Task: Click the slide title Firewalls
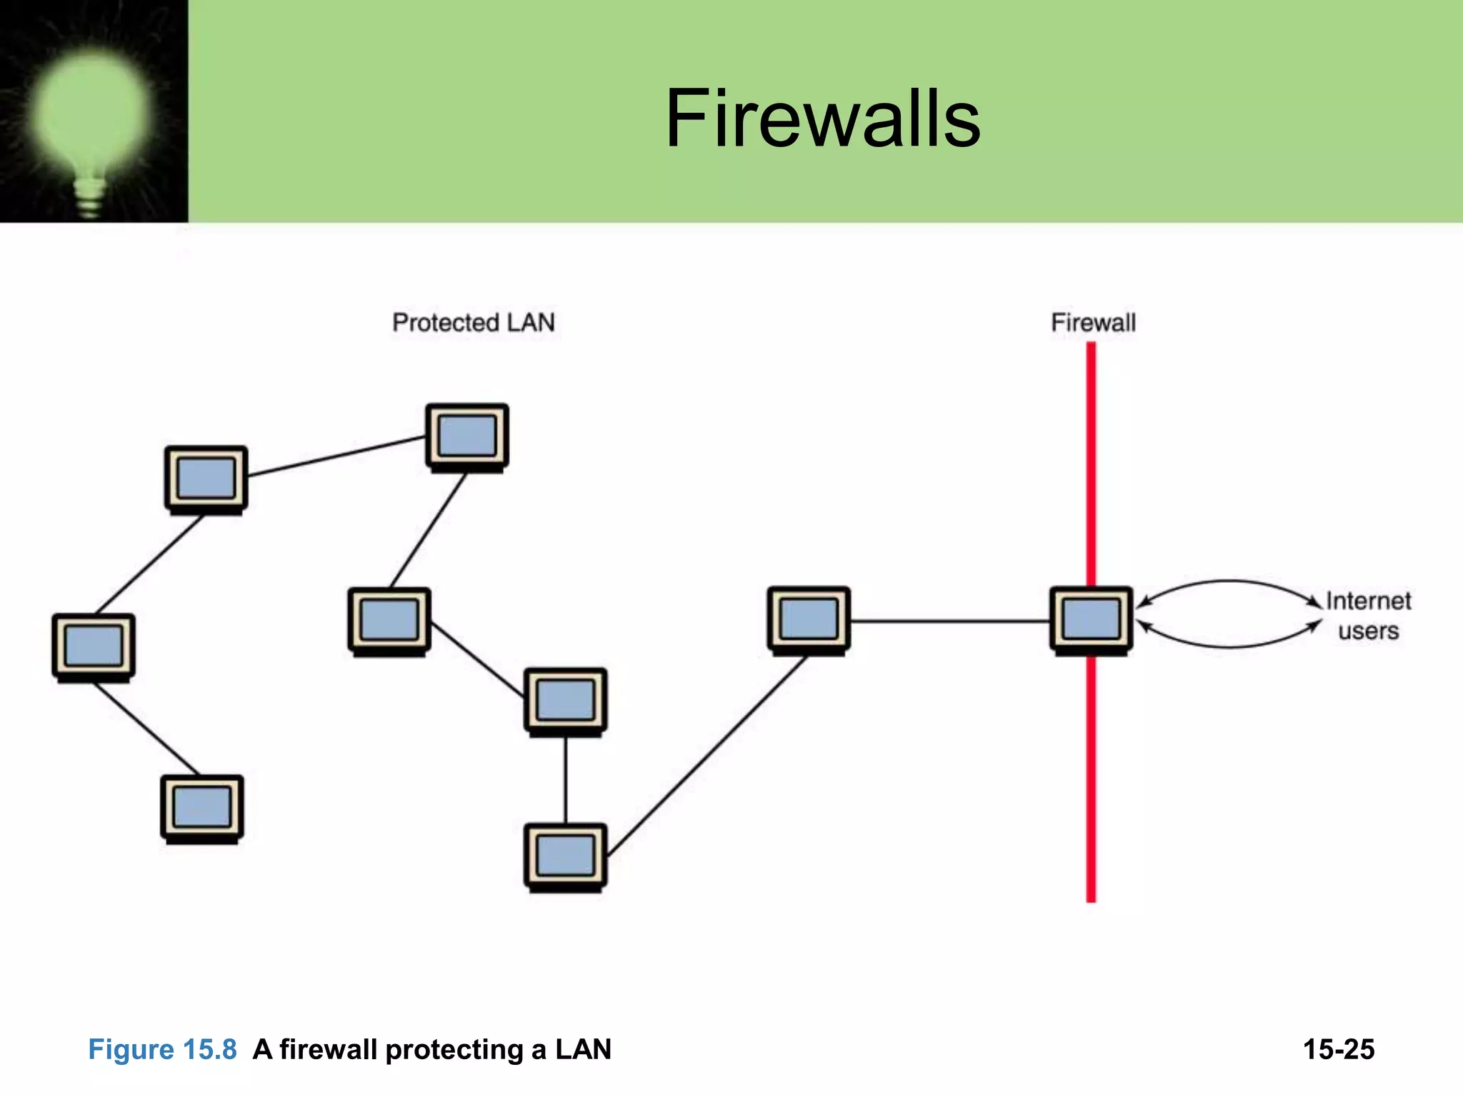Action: coord(823,119)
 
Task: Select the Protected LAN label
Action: coord(473,323)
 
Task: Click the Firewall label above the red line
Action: coord(1093,323)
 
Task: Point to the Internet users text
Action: coord(1368,616)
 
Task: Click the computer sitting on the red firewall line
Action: coord(1091,619)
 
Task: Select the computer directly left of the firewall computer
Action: coord(809,619)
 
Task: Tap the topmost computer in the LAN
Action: coord(467,436)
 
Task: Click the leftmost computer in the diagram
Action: coord(94,646)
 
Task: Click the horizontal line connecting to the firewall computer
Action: coord(950,621)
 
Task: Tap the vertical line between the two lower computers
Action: coord(566,780)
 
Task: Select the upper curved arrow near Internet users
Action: coord(1229,581)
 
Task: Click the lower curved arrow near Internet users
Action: coord(1229,646)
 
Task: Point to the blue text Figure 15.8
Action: coord(162,1049)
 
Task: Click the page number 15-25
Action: coord(1338,1049)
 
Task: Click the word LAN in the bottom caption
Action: coord(583,1049)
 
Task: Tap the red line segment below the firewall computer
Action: coord(1091,778)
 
